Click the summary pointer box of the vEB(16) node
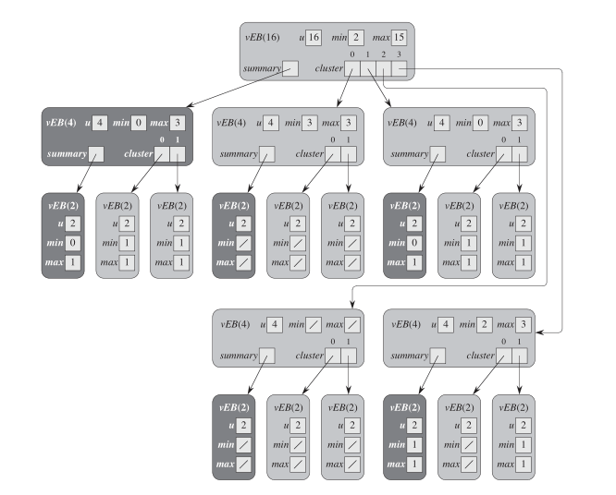290,68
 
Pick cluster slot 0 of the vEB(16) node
352,68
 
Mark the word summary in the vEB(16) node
262,69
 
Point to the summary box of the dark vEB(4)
96,154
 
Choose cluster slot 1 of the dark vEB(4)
179,154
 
